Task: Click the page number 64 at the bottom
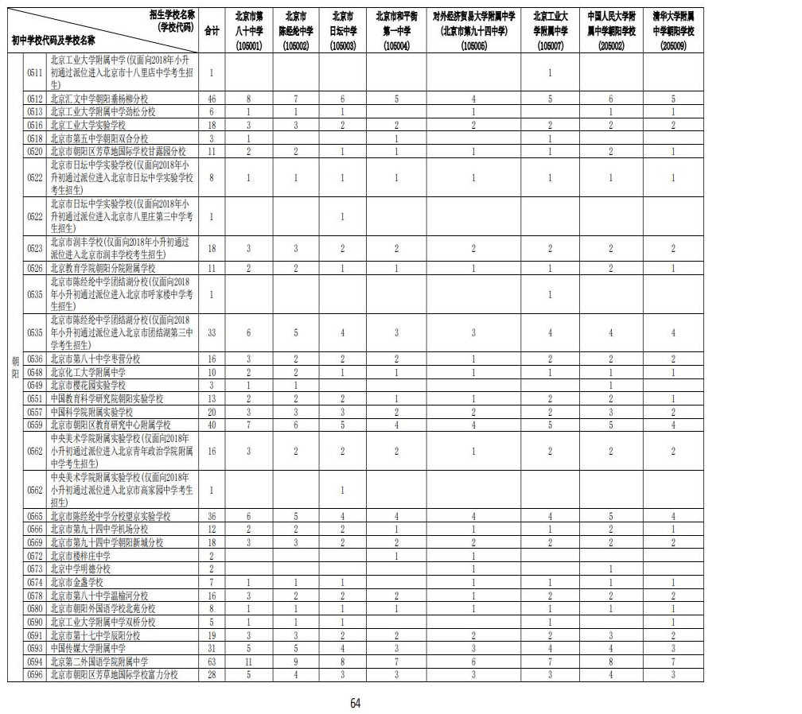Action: [x=356, y=702]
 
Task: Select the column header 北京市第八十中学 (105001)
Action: [x=250, y=32]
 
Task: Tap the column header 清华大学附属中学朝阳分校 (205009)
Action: [x=673, y=32]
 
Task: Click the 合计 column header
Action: [x=212, y=31]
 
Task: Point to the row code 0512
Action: [x=34, y=99]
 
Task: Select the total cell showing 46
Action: [x=212, y=99]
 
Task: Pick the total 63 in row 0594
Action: [x=212, y=661]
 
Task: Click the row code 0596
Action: [x=34, y=674]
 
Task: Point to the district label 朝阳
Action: [x=15, y=367]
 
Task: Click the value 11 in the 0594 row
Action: [x=249, y=661]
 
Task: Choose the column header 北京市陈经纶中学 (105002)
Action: [x=297, y=32]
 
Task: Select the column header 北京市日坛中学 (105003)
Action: [x=343, y=32]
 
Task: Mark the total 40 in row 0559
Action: [x=212, y=425]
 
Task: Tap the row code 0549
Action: [x=34, y=385]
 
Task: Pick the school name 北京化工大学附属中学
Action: [x=88, y=371]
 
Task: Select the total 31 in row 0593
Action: [x=212, y=648]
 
